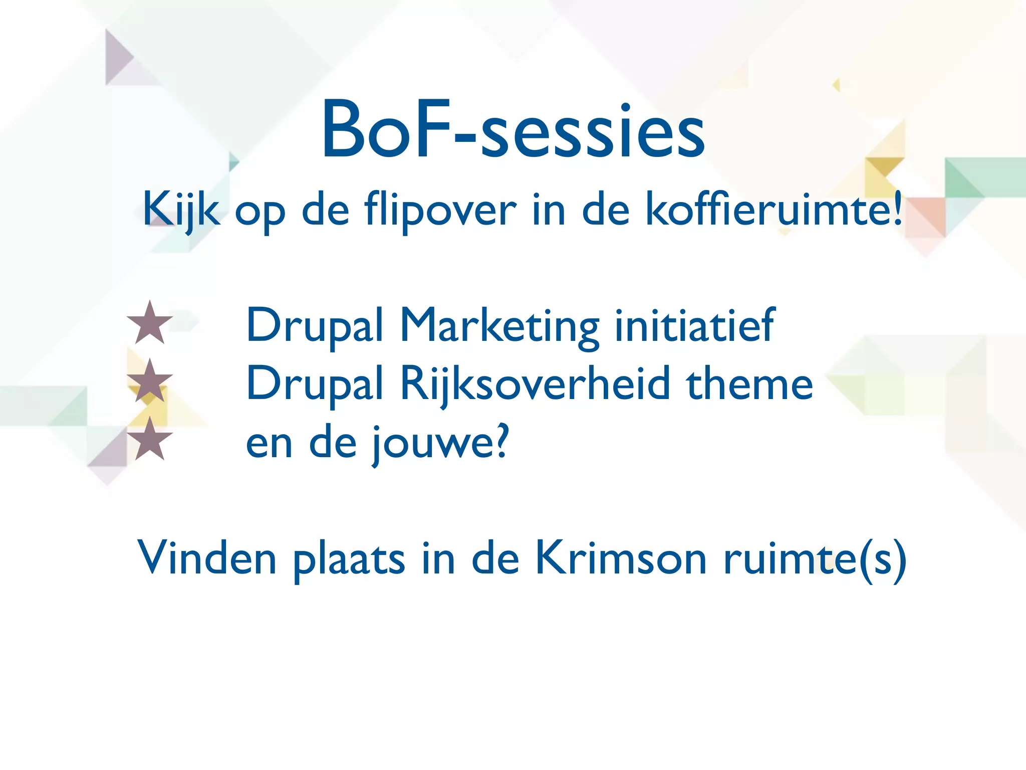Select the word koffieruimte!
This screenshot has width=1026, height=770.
pyautogui.click(x=774, y=210)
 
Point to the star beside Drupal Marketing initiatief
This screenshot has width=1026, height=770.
pyautogui.click(x=150, y=323)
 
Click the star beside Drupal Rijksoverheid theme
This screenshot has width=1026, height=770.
pyautogui.click(x=150, y=381)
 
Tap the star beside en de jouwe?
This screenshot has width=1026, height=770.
pyautogui.click(x=150, y=439)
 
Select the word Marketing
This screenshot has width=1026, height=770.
pyautogui.click(x=499, y=326)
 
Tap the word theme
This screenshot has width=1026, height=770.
pyautogui.click(x=749, y=384)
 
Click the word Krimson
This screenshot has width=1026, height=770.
pyautogui.click(x=621, y=558)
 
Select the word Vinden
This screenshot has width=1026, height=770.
pyautogui.click(x=207, y=558)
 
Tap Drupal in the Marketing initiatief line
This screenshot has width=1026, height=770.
pyautogui.click(x=315, y=326)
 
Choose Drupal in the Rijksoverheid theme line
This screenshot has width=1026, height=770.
pyautogui.click(x=315, y=384)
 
